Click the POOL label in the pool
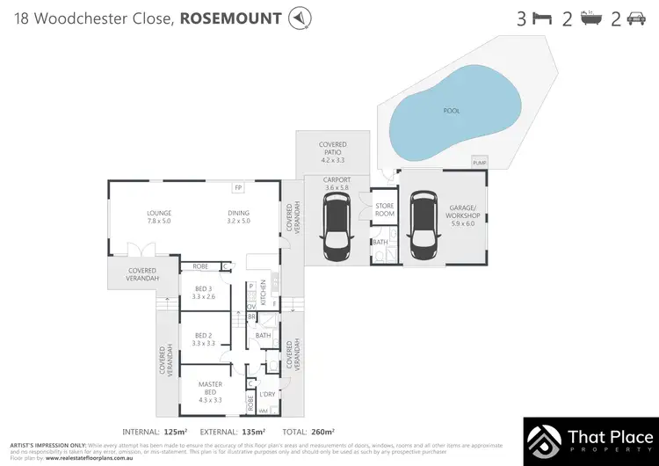[450, 112]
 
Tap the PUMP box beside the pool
[480, 163]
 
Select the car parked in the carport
[337, 226]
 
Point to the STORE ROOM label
[384, 209]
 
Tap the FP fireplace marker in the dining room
[238, 188]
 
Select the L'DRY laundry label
[267, 394]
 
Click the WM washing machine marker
[263, 410]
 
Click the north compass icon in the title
[301, 18]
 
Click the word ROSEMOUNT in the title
[233, 18]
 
